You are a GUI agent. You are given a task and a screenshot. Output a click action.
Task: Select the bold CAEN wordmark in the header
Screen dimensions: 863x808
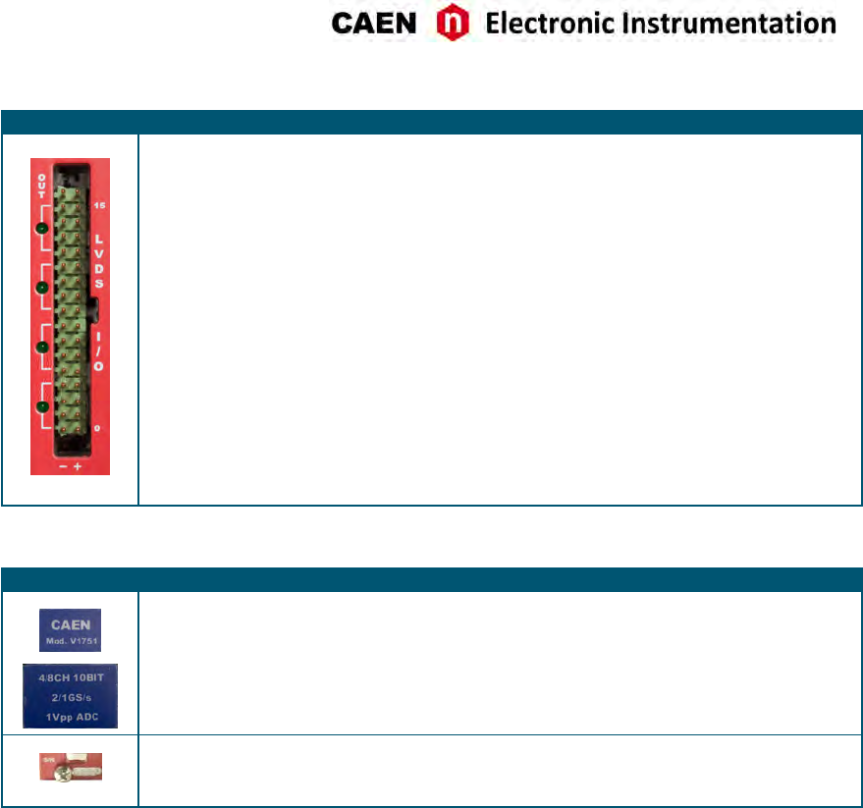(x=374, y=24)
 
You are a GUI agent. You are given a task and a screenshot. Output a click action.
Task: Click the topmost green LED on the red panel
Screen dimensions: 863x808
(x=42, y=229)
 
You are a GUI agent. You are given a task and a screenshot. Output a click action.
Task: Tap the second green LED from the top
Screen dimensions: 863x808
(x=42, y=288)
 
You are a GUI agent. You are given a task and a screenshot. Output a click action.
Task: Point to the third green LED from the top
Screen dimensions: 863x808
(x=42, y=347)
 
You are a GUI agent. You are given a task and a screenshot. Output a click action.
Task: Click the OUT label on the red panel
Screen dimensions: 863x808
(x=42, y=184)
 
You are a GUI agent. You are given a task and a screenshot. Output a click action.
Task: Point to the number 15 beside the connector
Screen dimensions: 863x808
(x=98, y=207)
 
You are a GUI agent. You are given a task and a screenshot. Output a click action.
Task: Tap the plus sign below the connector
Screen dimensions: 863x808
(x=77, y=466)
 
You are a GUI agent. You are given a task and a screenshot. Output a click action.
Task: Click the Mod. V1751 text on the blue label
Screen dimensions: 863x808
(x=69, y=636)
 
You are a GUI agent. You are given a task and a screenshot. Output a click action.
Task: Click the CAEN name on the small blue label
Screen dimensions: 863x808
(x=69, y=622)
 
